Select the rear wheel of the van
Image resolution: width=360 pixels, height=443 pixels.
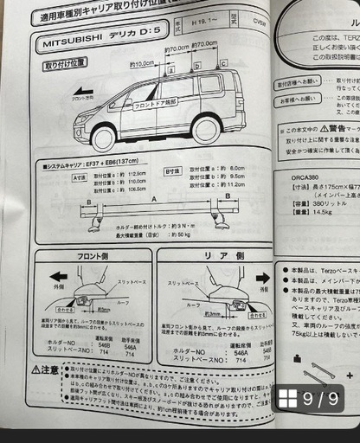click(x=206, y=131)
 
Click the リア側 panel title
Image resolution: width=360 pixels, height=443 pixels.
click(x=215, y=256)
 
